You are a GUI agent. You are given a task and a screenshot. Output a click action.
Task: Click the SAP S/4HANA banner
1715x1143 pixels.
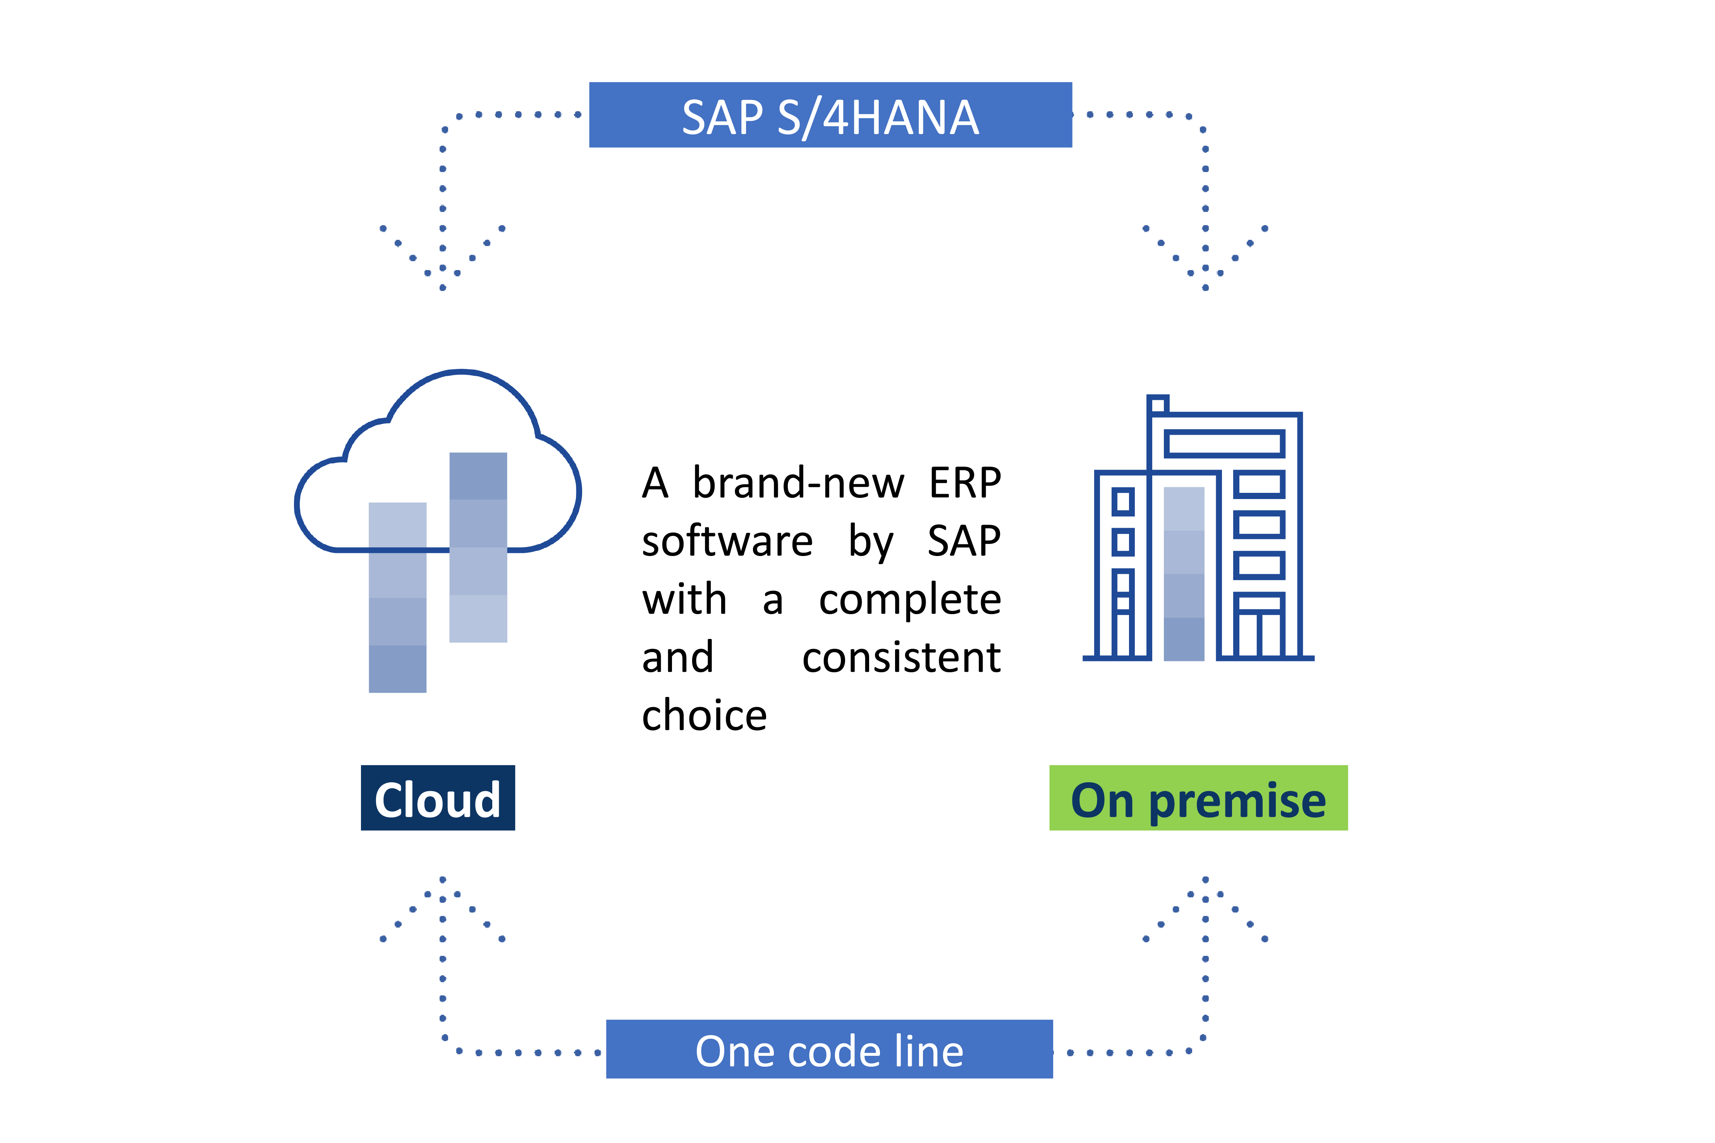tap(830, 115)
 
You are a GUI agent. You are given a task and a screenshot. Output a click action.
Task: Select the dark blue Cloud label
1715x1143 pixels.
tap(438, 797)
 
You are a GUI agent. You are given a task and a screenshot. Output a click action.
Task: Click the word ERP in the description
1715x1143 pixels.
tap(965, 482)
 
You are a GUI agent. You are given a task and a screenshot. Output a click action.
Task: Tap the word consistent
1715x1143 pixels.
tap(901, 658)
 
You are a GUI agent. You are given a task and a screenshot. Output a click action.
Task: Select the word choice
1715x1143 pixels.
tap(705, 715)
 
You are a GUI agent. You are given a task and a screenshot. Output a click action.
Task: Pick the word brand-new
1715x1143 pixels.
tap(799, 482)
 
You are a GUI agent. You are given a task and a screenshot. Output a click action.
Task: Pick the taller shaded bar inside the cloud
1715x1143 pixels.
tap(478, 547)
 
